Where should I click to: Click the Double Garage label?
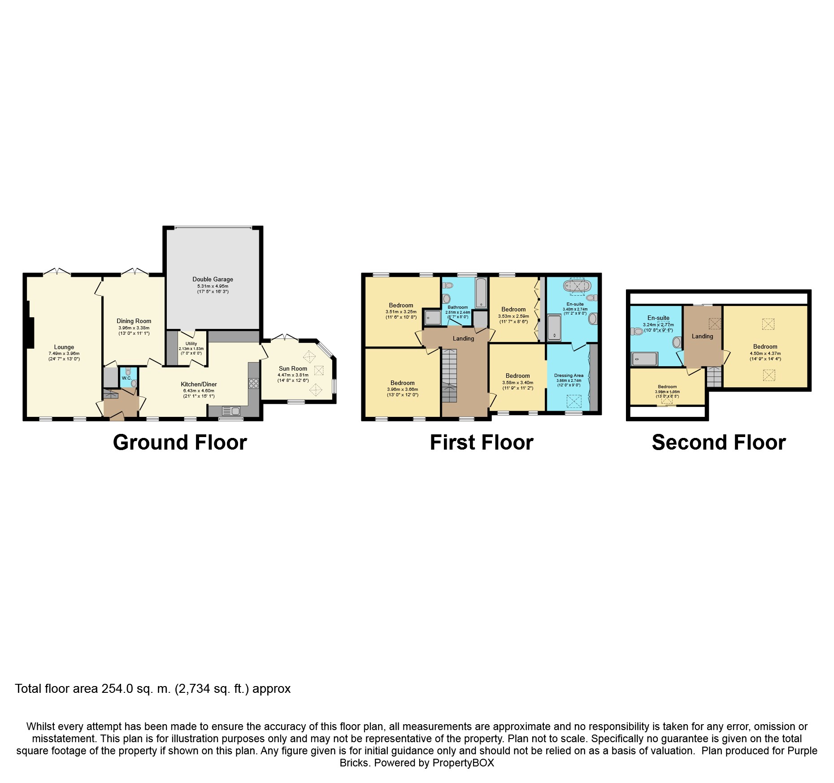click(x=213, y=279)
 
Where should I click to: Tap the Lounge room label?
click(x=64, y=347)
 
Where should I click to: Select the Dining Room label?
click(x=134, y=321)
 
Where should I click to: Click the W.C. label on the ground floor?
click(x=127, y=378)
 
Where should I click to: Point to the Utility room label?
click(x=191, y=343)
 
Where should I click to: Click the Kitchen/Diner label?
click(x=199, y=384)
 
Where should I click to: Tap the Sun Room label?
click(x=293, y=368)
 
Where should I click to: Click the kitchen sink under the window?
click(x=231, y=411)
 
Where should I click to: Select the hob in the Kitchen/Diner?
click(x=253, y=383)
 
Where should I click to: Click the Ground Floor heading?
click(x=180, y=442)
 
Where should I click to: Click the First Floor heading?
click(x=481, y=442)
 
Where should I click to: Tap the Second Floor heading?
click(x=718, y=442)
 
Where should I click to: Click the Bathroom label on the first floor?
click(x=457, y=307)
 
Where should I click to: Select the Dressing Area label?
click(x=569, y=375)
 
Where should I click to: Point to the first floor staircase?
click(x=449, y=375)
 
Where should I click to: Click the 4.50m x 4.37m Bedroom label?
click(x=765, y=346)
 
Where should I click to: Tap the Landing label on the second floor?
click(x=702, y=336)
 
